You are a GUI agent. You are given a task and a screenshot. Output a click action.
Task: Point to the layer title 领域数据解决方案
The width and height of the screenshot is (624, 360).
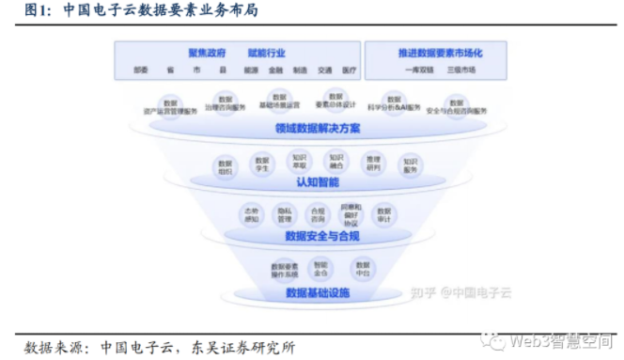[x=311, y=129]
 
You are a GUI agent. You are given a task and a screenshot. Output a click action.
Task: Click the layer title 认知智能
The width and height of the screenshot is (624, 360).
[x=311, y=180]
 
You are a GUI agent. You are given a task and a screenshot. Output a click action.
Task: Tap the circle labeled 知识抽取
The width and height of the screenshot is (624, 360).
[x=299, y=162]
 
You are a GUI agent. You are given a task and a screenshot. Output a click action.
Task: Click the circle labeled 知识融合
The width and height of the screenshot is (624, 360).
[x=336, y=162]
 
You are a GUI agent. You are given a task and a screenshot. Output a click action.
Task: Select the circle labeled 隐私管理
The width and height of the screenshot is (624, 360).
[x=283, y=214]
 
